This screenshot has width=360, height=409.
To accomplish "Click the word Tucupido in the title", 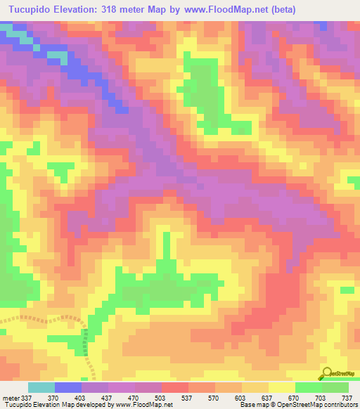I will (30, 10).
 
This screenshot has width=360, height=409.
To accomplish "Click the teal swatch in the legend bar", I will (41, 387).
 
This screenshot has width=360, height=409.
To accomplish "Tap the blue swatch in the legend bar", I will (68, 387).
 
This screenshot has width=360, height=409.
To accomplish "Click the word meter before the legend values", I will (11, 397).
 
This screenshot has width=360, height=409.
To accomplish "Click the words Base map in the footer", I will (252, 405).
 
